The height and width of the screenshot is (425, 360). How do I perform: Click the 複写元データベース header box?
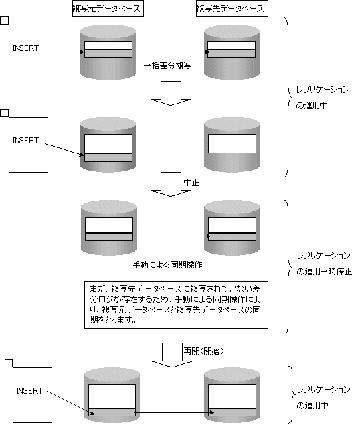(108, 9)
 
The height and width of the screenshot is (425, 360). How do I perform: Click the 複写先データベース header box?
(232, 9)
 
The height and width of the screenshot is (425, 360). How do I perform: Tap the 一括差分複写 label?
(168, 66)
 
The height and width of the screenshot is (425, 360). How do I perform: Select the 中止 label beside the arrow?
(191, 183)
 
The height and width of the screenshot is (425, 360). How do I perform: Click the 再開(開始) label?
(204, 351)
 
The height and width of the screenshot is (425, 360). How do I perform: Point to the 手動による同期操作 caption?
(167, 264)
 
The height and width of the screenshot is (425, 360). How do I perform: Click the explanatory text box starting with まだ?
(176, 305)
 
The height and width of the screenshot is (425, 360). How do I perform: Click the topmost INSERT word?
(25, 48)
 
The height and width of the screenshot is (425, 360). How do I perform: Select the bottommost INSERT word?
(29, 391)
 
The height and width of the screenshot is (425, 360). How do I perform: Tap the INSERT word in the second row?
(25, 141)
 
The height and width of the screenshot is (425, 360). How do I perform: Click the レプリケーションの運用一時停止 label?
(323, 264)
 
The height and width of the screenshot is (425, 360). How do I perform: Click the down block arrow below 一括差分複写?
(171, 93)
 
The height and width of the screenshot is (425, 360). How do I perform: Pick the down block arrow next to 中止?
(171, 185)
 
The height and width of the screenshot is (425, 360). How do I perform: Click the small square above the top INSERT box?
(5, 20)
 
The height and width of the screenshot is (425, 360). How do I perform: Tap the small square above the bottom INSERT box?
(9, 363)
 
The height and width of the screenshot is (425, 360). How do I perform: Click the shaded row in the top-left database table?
(108, 53)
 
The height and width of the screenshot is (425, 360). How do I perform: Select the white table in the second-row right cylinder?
(232, 143)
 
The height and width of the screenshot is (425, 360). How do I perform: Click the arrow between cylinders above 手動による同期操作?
(171, 236)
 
